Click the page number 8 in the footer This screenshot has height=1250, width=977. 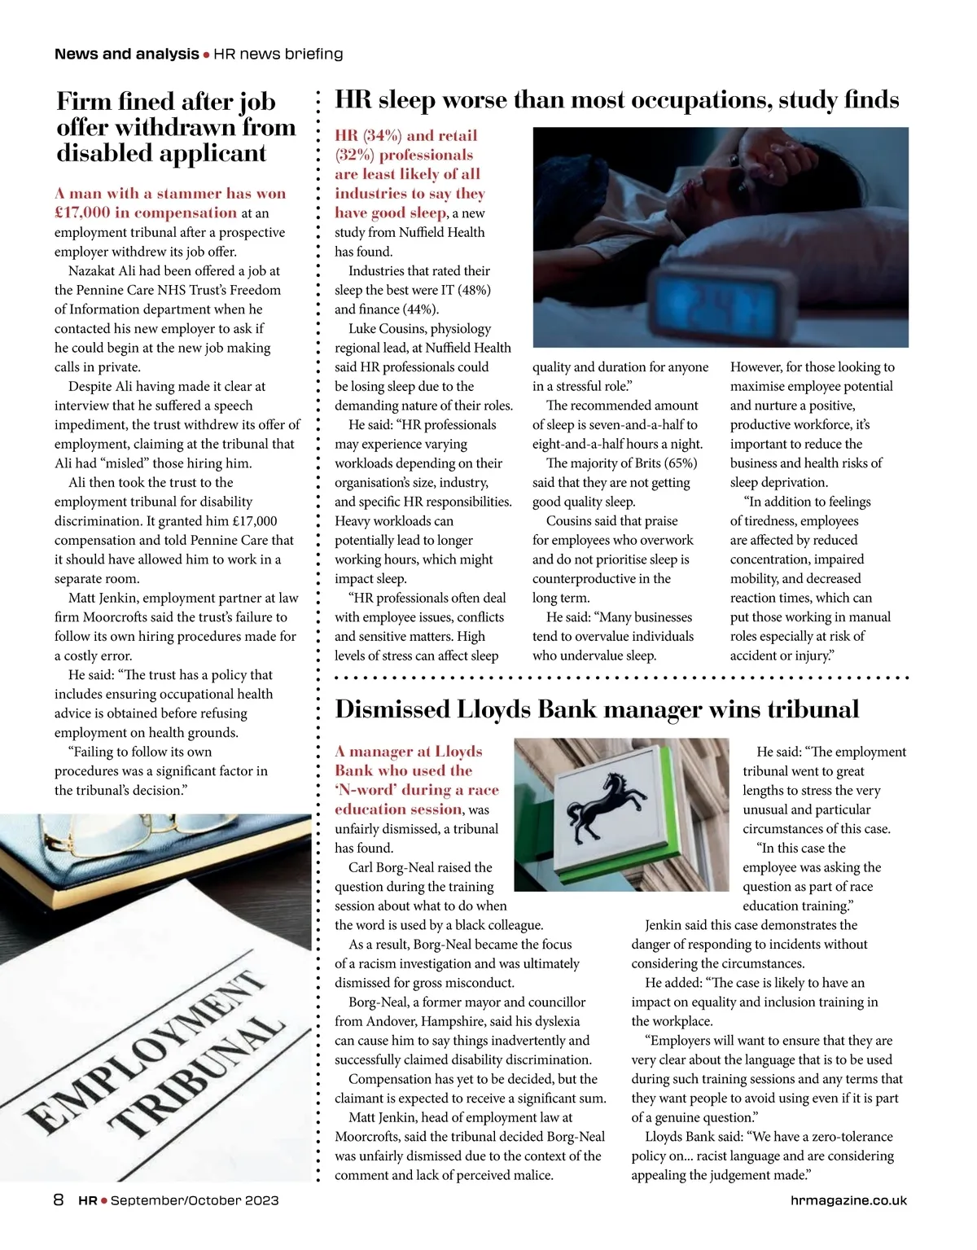point(59,1200)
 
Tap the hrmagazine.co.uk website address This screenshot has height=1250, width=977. point(848,1200)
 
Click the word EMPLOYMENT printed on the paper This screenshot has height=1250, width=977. point(147,1050)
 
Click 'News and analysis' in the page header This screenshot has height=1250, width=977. point(126,54)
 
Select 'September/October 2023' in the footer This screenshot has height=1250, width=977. point(195,1200)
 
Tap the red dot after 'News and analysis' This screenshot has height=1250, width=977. point(206,55)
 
